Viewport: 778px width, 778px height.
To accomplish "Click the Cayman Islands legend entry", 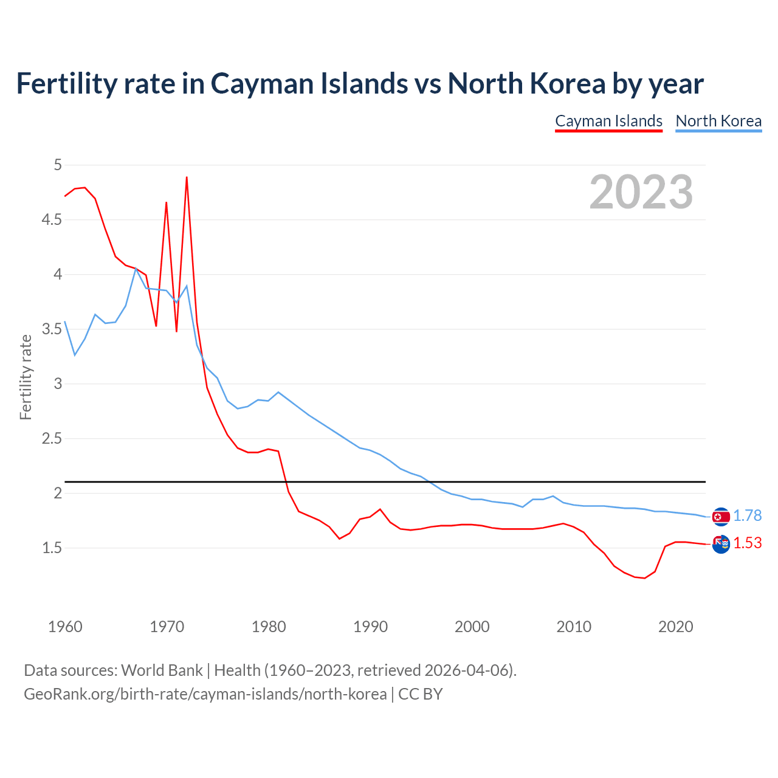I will coord(608,121).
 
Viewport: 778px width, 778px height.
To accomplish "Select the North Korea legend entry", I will coord(718,121).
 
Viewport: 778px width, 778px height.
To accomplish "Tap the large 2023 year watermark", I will coord(641,192).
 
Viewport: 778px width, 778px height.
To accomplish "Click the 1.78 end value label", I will coord(747,515).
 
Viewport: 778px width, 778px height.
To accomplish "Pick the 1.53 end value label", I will coord(747,543).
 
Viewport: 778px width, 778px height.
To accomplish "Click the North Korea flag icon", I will coord(721,517).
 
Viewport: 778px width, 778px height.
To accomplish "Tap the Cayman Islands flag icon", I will coord(721,544).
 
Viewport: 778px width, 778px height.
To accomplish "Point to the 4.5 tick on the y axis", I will coord(52,219).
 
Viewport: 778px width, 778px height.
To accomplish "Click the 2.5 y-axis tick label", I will coord(52,438).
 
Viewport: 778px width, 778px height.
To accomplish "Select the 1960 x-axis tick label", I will coord(65,627).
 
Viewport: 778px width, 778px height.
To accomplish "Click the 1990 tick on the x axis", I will coord(370,627).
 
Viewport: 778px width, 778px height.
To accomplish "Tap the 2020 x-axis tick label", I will coord(675,627).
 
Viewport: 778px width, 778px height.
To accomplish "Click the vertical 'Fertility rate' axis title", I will coord(26,377).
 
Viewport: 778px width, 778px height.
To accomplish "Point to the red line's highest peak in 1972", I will coord(187,177).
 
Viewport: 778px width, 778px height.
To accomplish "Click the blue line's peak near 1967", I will coord(136,268).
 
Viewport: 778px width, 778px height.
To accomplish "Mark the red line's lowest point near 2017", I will coord(644,578).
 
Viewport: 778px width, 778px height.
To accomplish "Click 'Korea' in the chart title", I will coord(569,83).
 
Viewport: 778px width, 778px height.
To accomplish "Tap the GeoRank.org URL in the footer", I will coord(205,694).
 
